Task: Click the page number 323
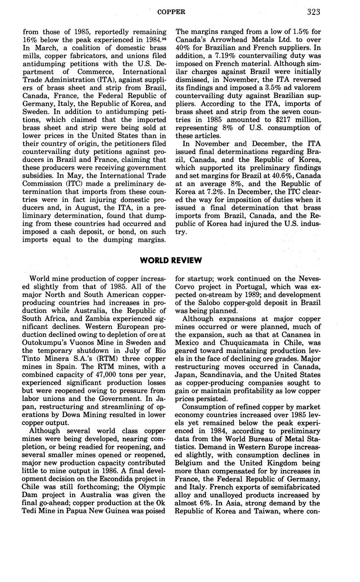(x=314, y=12)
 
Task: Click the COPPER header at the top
(x=171, y=12)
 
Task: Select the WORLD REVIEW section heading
(x=171, y=260)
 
